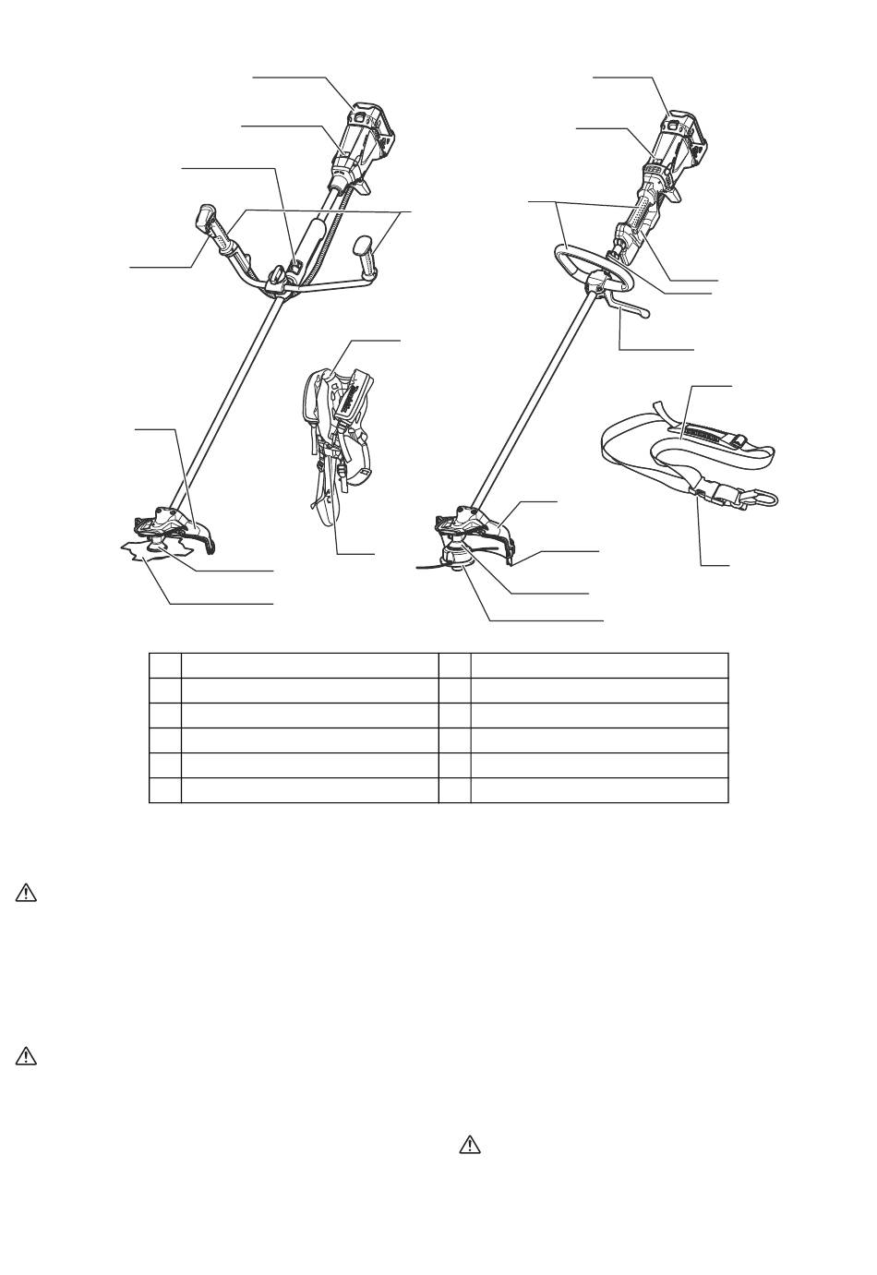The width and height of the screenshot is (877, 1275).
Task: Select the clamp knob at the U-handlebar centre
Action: tap(276, 274)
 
